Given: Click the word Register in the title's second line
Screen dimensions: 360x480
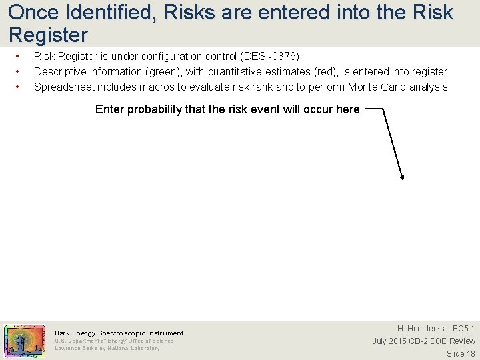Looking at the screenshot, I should (x=48, y=34).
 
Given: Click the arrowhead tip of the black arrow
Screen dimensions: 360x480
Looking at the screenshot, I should (x=402, y=178).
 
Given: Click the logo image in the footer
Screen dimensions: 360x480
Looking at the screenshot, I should (x=25, y=340).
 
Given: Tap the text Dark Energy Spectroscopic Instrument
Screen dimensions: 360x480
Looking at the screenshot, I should (x=119, y=333).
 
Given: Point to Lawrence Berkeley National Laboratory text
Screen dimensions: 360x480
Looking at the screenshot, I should (x=107, y=348).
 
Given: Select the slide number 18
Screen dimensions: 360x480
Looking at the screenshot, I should (x=470, y=354).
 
